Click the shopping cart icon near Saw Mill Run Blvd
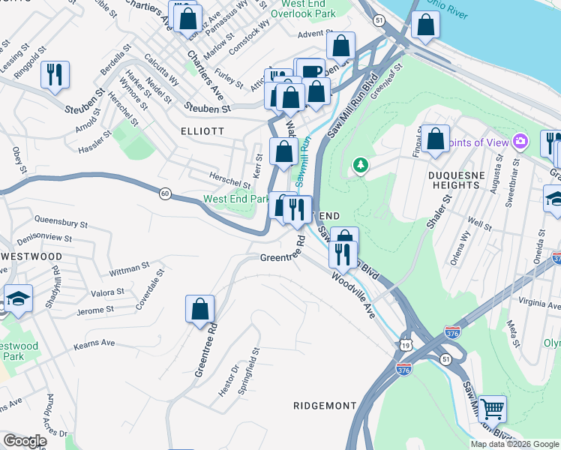492,409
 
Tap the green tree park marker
361,164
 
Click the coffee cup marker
312,72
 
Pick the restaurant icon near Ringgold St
55,74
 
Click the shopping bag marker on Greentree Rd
199,309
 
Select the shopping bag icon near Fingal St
435,139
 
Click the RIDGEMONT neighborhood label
324,405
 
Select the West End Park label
235,199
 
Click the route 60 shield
164,193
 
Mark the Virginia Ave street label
534,305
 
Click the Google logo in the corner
25,441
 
